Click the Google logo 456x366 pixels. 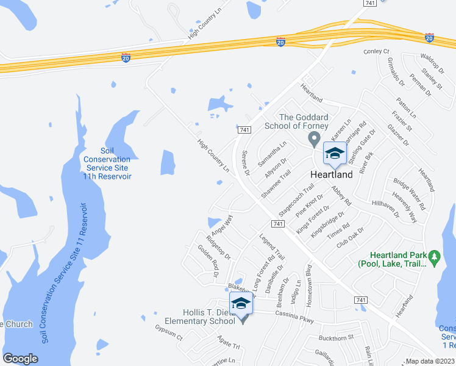click(21, 358)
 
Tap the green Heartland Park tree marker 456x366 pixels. click(435, 259)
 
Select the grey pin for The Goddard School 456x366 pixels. click(315, 140)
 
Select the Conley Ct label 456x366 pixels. click(377, 52)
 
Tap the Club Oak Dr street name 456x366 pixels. click(350, 238)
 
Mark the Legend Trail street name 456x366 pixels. click(272, 247)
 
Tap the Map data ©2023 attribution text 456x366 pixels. click(430, 361)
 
